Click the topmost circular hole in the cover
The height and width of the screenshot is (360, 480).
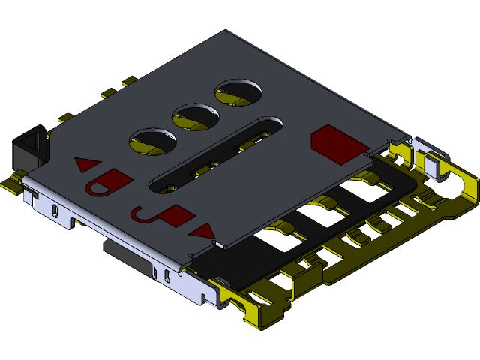239,91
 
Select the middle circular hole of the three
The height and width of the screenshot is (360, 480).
196,117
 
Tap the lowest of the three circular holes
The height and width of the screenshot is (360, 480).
153,142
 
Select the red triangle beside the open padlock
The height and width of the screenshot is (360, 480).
88,163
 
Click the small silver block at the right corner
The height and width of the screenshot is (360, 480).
434,165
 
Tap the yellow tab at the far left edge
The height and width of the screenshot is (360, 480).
10,183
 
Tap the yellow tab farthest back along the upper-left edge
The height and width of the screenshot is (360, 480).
128,80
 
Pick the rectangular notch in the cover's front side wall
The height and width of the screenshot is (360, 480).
76,221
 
